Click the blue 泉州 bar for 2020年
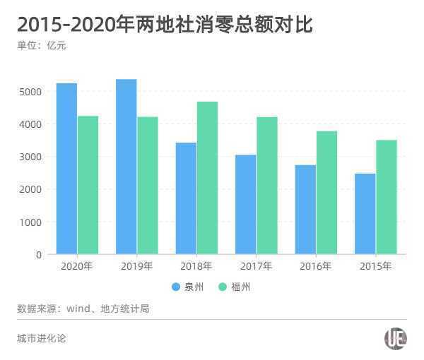click(x=66, y=169)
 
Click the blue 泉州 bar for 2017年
click(x=245, y=205)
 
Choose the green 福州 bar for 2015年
click(x=386, y=197)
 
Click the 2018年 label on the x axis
click(x=196, y=266)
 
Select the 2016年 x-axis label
click(x=315, y=266)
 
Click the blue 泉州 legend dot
click(x=176, y=287)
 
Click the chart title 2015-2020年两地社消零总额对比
click(x=165, y=25)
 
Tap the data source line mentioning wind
click(x=83, y=308)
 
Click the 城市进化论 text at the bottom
click(x=42, y=338)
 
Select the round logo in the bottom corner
click(x=395, y=339)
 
